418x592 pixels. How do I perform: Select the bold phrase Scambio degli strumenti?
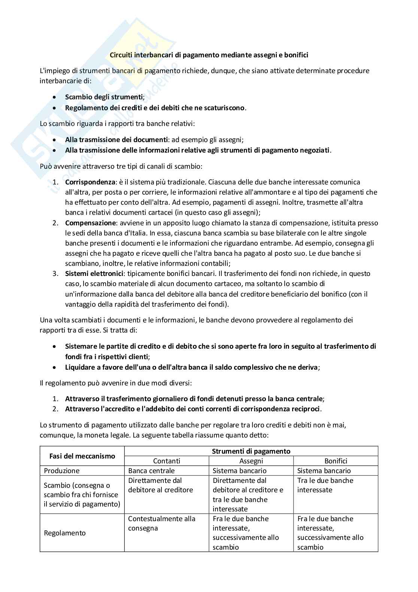click(104, 97)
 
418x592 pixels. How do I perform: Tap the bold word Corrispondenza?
click(90, 182)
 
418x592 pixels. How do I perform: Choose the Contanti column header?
click(167, 461)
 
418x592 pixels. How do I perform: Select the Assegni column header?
click(251, 461)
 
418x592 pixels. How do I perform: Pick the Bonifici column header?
click(336, 461)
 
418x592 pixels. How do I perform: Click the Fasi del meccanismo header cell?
click(82, 456)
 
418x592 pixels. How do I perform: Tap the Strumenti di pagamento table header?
click(251, 451)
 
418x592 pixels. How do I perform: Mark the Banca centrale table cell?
click(151, 471)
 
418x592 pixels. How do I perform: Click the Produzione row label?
click(61, 471)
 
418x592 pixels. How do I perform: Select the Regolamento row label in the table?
click(64, 533)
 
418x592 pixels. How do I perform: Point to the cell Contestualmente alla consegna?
click(161, 523)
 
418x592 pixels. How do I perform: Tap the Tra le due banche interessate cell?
click(325, 485)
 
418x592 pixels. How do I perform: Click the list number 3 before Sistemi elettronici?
click(55, 274)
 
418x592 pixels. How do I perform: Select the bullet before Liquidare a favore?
click(55, 368)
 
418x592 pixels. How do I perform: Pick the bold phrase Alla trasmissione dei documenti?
click(116, 140)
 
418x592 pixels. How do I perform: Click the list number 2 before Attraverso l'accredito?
click(55, 409)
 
